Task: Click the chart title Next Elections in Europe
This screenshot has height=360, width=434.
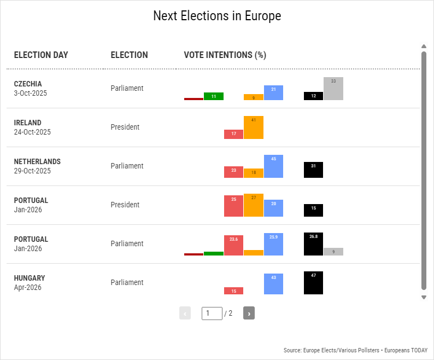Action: [x=217, y=16]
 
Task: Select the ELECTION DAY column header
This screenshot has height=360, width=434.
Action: [x=41, y=55]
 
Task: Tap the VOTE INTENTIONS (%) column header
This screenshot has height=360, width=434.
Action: [x=225, y=55]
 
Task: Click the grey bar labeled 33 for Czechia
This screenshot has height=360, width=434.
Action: [x=333, y=89]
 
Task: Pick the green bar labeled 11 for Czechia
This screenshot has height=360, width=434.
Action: [x=214, y=96]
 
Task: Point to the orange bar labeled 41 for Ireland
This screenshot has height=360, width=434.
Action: [x=254, y=127]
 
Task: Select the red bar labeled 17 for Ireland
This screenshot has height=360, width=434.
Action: [x=234, y=134]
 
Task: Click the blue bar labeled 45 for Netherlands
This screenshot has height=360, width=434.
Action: [x=273, y=166]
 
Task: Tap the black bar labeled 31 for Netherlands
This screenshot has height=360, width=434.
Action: [x=313, y=170]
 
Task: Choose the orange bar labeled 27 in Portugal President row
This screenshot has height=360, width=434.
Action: [x=254, y=205]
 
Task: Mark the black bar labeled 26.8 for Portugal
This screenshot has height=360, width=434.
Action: [x=313, y=244]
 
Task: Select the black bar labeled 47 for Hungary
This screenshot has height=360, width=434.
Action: [x=313, y=283]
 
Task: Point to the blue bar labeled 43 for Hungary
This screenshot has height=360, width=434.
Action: [x=273, y=284]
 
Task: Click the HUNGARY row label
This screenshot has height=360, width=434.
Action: [x=30, y=278]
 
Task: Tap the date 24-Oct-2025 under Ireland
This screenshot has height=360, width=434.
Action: [x=32, y=132]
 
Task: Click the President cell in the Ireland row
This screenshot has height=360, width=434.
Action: [x=125, y=127]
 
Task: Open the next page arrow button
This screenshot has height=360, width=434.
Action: [x=249, y=313]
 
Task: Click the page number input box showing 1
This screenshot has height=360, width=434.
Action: [x=212, y=313]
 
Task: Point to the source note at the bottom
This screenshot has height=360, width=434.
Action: [x=355, y=350]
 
